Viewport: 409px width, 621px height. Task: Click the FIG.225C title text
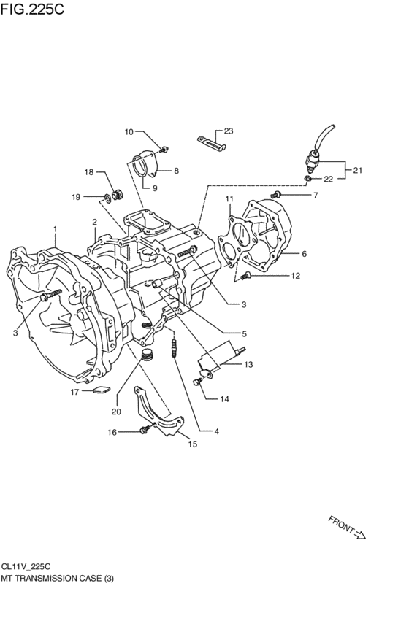pyautogui.click(x=32, y=10)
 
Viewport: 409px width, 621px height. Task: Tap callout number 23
pyautogui.click(x=228, y=131)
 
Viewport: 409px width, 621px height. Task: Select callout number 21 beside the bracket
pyautogui.click(x=357, y=171)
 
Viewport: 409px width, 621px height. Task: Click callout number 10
pyautogui.click(x=129, y=132)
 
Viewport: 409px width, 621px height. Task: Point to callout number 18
pyautogui.click(x=89, y=172)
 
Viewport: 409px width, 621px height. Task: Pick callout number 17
pyautogui.click(x=74, y=392)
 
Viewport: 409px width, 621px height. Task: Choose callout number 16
pyautogui.click(x=112, y=432)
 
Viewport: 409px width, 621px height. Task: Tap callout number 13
pyautogui.click(x=248, y=364)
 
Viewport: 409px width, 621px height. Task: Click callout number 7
pyautogui.click(x=316, y=195)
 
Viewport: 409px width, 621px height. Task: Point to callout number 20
pyautogui.click(x=115, y=412)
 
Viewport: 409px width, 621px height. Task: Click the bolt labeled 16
pyautogui.click(x=143, y=431)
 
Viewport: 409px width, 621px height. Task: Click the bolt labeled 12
pyautogui.click(x=246, y=275)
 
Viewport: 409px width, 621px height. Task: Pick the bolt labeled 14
pyautogui.click(x=197, y=379)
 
